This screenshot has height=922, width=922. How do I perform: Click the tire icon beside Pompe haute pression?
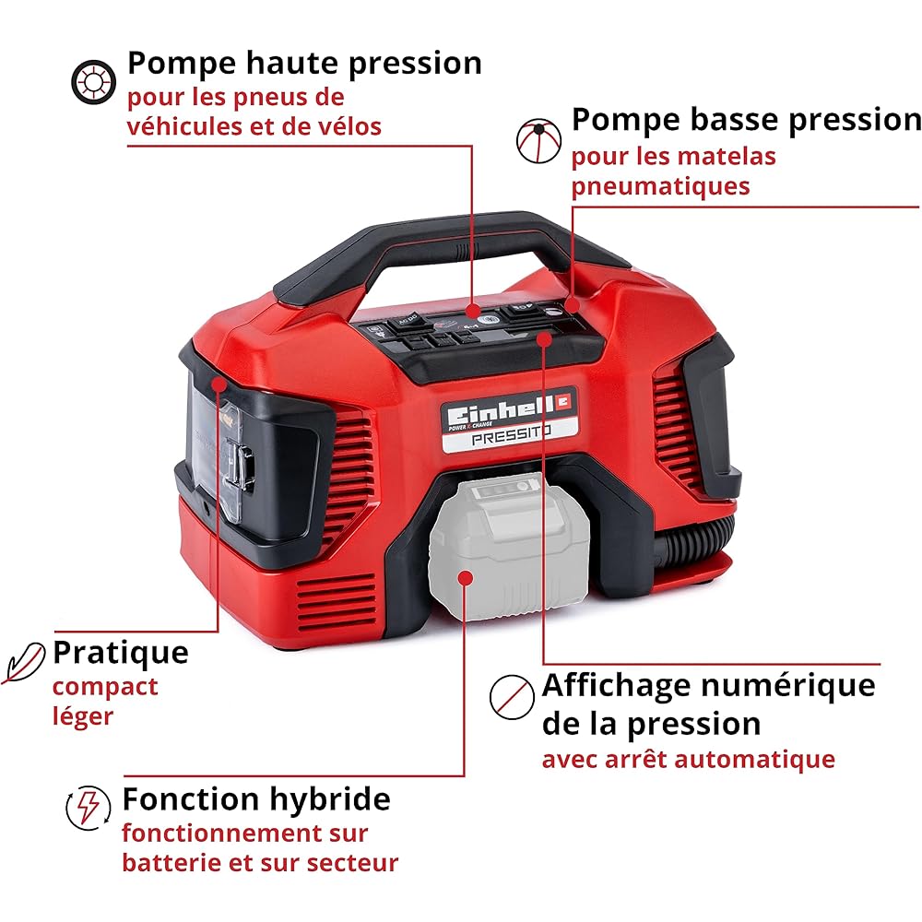(x=93, y=82)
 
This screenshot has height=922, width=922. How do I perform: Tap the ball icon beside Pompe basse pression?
(x=538, y=141)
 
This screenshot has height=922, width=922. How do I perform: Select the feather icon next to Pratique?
(x=24, y=662)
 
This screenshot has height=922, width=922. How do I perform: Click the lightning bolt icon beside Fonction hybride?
(x=89, y=808)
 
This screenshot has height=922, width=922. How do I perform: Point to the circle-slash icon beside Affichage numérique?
(x=512, y=697)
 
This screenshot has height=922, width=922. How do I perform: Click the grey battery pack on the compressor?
(x=509, y=546)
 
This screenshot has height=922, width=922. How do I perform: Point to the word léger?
(x=83, y=717)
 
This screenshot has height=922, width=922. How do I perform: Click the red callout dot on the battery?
(x=465, y=578)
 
